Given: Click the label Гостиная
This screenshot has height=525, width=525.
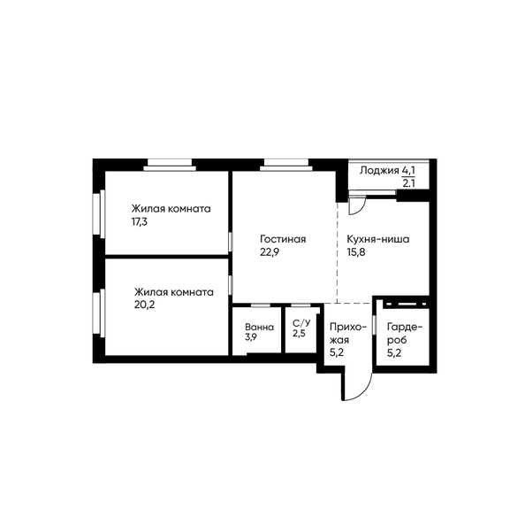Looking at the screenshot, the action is tap(283, 239).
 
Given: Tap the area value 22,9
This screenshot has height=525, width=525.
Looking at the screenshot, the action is tap(270, 252).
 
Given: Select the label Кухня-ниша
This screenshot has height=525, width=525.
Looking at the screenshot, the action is tap(378, 239).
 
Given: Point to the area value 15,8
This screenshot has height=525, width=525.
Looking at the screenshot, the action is tap(356, 252).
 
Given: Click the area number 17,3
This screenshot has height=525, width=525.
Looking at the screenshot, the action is tap(140, 221).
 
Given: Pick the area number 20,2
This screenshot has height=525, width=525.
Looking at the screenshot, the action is tap(145, 305).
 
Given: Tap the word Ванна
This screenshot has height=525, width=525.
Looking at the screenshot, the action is tap(259, 327).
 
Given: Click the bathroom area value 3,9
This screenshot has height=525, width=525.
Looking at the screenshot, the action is tap(251, 337).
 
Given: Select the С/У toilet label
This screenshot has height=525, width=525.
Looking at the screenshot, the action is tap(301, 323).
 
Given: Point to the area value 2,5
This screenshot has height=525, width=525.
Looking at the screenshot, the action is tap(299, 334).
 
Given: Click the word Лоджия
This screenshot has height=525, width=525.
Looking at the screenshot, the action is tap(380, 171).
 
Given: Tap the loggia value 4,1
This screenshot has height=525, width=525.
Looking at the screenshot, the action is tap(408, 170).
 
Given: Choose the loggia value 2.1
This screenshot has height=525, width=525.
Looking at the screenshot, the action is tap(408, 183).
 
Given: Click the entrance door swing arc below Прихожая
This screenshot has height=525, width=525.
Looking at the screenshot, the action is tap(364, 391).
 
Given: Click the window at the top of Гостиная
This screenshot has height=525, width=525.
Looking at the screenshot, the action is tap(286, 165).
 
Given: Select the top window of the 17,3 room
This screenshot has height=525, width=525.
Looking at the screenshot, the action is tap(170, 165).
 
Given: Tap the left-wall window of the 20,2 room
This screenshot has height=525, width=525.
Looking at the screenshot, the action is tap(99, 313).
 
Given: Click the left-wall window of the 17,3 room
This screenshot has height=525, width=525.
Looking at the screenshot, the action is tap(99, 213).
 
